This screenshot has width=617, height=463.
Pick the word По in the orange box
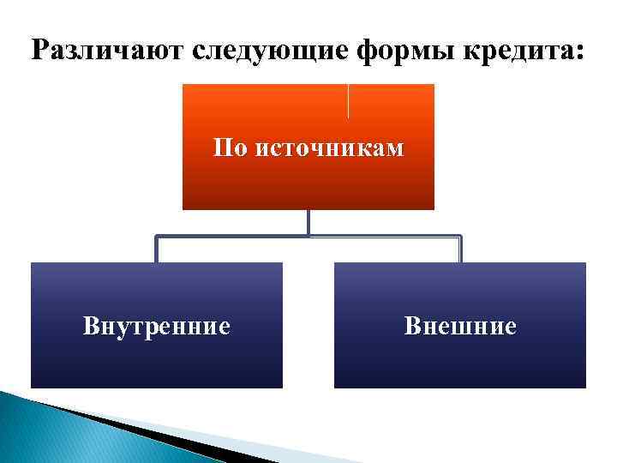coord(228,148)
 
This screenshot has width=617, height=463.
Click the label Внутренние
coord(157,326)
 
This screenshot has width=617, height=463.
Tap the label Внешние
coord(460,326)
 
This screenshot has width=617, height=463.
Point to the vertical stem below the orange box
coord(308,222)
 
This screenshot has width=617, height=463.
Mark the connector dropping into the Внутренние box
coord(156,250)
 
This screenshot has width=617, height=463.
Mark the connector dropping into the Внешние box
coord(460,250)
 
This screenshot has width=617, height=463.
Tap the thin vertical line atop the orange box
coord(348,100)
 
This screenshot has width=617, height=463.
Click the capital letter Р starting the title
coord(39,51)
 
